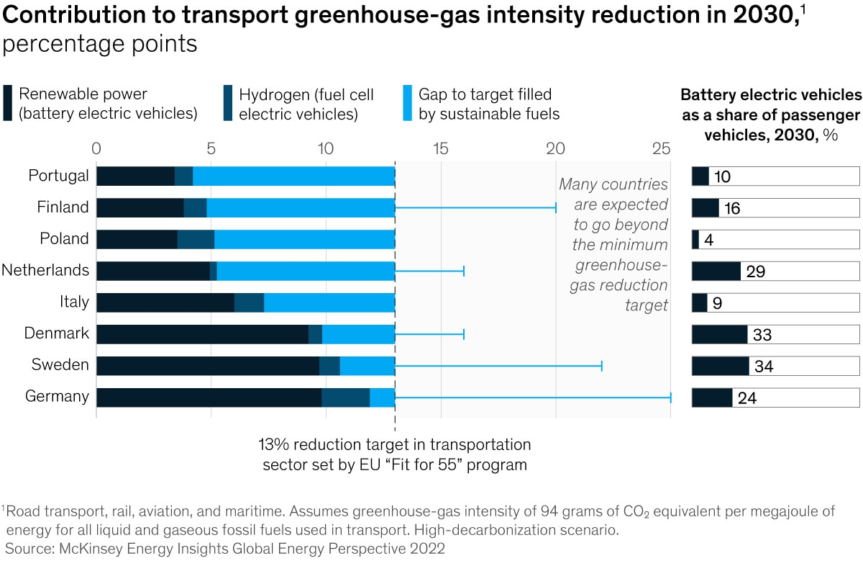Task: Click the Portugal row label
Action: pos(59,176)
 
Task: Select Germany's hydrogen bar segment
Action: pos(346,397)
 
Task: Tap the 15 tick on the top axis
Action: pos(441,148)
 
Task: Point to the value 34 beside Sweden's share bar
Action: pos(764,367)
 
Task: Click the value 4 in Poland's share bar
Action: pos(708,240)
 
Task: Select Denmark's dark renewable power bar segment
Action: pos(202,334)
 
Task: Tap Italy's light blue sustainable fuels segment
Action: pos(329,302)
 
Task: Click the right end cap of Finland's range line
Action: pos(556,207)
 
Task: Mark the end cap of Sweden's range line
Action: pos(601,366)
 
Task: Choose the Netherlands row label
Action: pos(45,271)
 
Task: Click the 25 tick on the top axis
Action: pos(661,148)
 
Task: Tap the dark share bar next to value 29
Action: pos(716,271)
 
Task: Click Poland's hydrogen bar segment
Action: pos(196,239)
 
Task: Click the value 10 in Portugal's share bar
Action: pos(722,176)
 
